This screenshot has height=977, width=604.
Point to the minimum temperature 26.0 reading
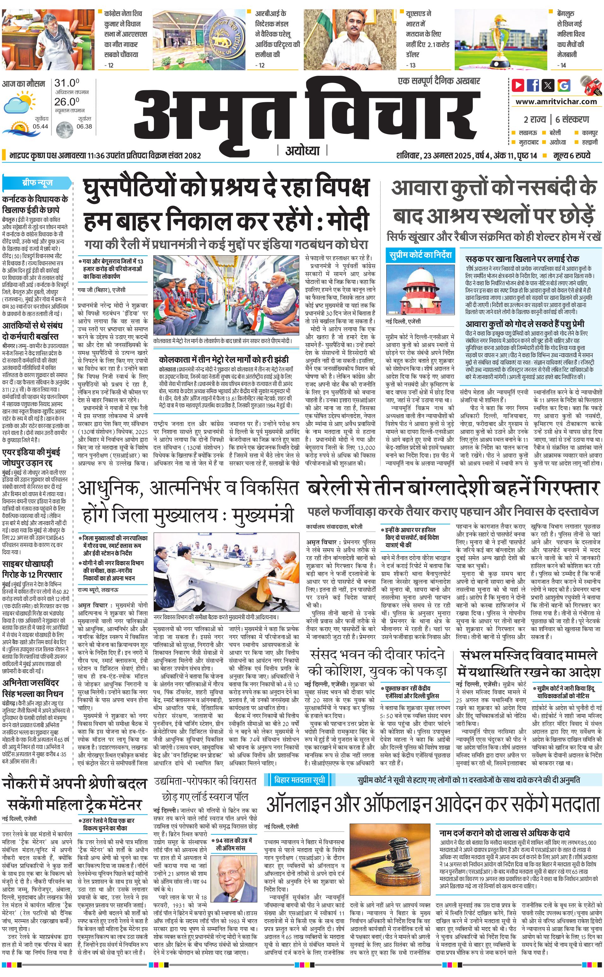pos(67,102)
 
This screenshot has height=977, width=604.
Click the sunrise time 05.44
pos(41,126)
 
